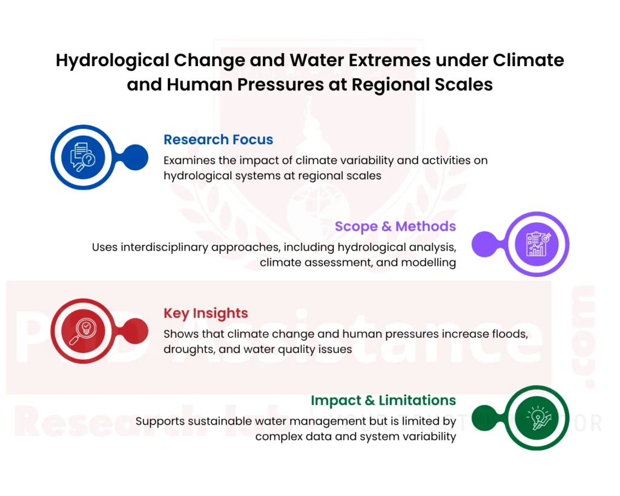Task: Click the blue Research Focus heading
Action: tap(218, 139)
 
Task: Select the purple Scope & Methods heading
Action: tap(395, 226)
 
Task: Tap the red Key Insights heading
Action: tap(205, 313)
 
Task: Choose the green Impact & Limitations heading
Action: tap(383, 400)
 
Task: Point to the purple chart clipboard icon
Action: tap(536, 244)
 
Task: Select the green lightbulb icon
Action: tap(536, 418)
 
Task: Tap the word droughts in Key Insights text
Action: tap(191, 349)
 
